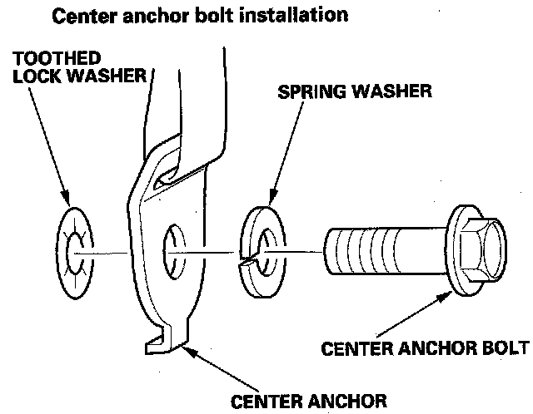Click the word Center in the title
coord(82,15)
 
